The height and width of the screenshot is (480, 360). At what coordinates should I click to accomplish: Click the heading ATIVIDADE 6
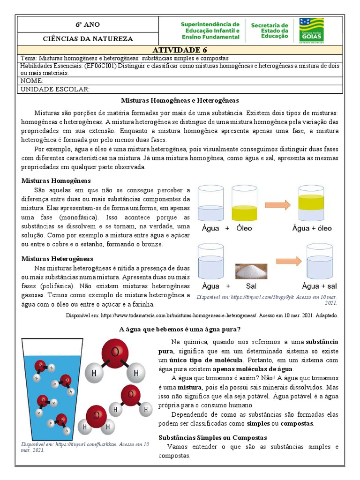[180, 50]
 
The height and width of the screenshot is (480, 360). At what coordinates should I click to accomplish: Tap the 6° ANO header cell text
[88, 24]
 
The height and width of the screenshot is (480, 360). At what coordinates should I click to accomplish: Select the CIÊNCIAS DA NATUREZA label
[88, 39]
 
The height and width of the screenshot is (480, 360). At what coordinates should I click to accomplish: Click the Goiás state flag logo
[311, 30]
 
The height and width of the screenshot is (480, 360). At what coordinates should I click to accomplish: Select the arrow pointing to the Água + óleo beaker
[278, 204]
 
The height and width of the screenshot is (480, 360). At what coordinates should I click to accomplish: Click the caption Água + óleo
[312, 228]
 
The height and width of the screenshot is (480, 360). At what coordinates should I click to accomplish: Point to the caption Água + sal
[319, 286]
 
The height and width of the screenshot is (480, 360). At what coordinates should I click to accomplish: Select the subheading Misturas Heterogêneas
[57, 259]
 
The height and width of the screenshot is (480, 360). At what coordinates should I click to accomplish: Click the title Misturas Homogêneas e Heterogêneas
[180, 100]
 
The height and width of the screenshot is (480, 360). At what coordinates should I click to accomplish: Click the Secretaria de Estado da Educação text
[270, 30]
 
